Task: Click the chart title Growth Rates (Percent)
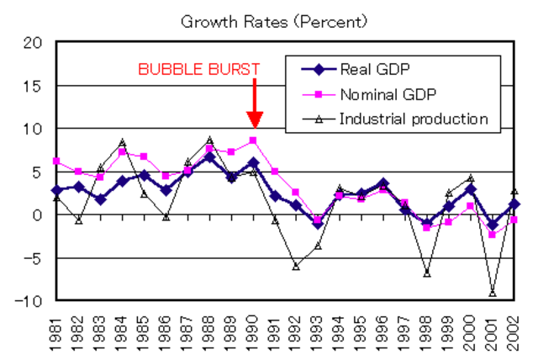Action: pyautogui.click(x=274, y=20)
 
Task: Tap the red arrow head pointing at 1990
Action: pyautogui.click(x=253, y=120)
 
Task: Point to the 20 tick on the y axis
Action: pyautogui.click(x=31, y=43)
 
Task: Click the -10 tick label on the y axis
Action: pyautogui.click(x=28, y=300)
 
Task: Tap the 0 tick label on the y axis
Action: pyautogui.click(x=36, y=214)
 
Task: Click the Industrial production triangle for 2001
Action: pyautogui.click(x=493, y=293)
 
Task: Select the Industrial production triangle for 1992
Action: pyautogui.click(x=297, y=266)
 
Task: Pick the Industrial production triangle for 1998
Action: pyautogui.click(x=428, y=273)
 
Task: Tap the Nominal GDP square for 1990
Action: pyautogui.click(x=253, y=140)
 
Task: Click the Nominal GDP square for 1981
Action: pyautogui.click(x=56, y=161)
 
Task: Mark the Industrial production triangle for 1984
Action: pyautogui.click(x=122, y=142)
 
